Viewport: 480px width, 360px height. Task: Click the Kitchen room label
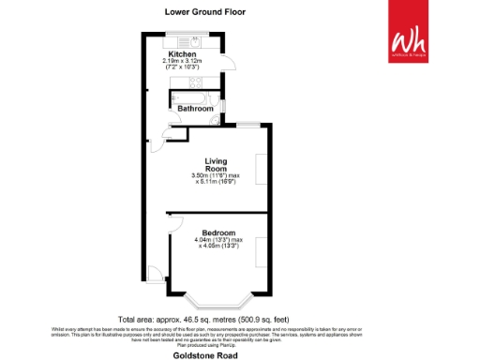pyautogui.click(x=182, y=54)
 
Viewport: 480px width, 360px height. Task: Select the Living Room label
pyautogui.click(x=205, y=163)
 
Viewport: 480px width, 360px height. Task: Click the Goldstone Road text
pyautogui.click(x=204, y=355)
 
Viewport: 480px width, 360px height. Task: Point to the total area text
pyautogui.click(x=203, y=318)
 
